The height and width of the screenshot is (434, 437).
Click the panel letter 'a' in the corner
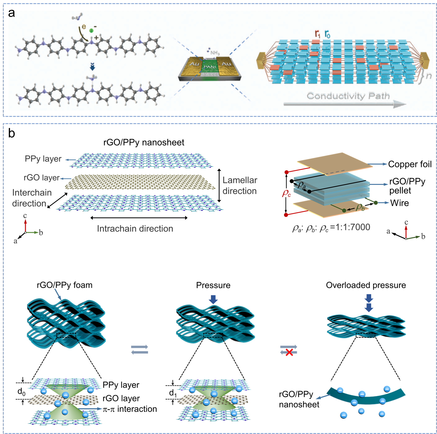pyautogui.click(x=12, y=13)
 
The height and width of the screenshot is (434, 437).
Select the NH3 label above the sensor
pyautogui.click(x=215, y=53)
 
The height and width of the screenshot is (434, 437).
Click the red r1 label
pyautogui.click(x=318, y=34)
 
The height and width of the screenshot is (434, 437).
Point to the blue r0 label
pyautogui.click(x=327, y=34)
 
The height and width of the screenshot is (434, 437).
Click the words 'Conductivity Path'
pyautogui.click(x=348, y=96)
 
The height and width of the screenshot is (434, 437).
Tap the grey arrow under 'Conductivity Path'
pyautogui.click(x=345, y=104)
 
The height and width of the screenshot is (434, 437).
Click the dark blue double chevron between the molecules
pyautogui.click(x=92, y=66)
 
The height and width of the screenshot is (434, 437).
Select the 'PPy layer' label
pyautogui.click(x=43, y=159)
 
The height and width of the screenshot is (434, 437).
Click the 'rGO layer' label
pyautogui.click(x=41, y=178)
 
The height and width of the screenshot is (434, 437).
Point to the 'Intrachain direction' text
pyautogui.click(x=135, y=229)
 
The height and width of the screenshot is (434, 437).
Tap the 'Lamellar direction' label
pyautogui.click(x=240, y=186)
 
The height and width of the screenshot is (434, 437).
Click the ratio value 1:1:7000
pyautogui.click(x=353, y=227)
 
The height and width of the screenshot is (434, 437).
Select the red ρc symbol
pyautogui.click(x=287, y=193)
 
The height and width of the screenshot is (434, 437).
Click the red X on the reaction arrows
pyautogui.click(x=289, y=352)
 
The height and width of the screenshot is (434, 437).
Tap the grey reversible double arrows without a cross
pyautogui.click(x=140, y=349)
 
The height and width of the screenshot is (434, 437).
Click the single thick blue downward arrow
pyautogui.click(x=213, y=300)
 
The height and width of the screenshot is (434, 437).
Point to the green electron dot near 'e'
pyautogui.click(x=91, y=30)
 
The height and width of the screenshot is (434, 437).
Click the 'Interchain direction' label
pyautogui.click(x=31, y=198)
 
